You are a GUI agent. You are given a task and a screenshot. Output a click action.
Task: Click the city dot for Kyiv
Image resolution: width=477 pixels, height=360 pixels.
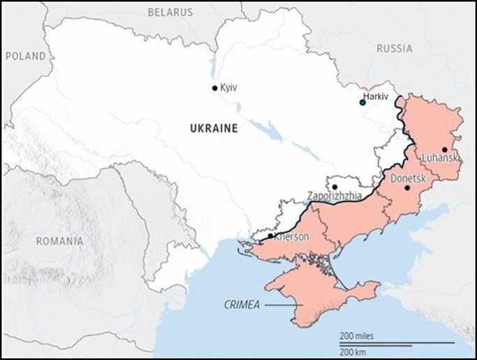pos(215,88)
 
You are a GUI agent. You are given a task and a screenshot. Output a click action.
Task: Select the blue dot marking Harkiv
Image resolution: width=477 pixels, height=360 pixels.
pos(362,103)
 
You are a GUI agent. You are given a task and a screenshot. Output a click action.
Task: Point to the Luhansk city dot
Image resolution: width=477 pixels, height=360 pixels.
pos(444,150)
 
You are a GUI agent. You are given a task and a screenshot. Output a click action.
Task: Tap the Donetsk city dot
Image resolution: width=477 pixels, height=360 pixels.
pos(407,188)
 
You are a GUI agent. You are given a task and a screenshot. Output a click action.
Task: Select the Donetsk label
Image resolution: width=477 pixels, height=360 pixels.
pos(406,179)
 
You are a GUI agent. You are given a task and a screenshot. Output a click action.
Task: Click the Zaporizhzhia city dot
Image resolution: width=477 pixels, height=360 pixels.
pos(335,187)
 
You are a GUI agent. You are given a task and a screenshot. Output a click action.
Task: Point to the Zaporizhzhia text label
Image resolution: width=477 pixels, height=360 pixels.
pos(335,196)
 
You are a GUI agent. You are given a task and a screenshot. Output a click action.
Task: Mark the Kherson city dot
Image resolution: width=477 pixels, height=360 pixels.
pos(270,236)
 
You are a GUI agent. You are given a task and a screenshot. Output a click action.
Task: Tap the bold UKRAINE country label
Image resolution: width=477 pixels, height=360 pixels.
pos(214,129)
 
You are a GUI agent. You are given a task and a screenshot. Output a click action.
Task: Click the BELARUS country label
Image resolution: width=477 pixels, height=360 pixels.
pos(170,12)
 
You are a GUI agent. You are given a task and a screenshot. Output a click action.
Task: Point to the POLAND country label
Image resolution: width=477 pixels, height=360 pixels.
pos(26,56)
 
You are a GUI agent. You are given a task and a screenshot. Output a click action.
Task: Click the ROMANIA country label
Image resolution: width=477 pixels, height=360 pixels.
pos(59,241)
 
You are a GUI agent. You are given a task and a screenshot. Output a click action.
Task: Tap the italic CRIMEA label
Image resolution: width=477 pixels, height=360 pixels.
pos(242,304)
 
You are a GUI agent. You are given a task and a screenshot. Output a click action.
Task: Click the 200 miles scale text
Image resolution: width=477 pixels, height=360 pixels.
pos(357,336)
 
